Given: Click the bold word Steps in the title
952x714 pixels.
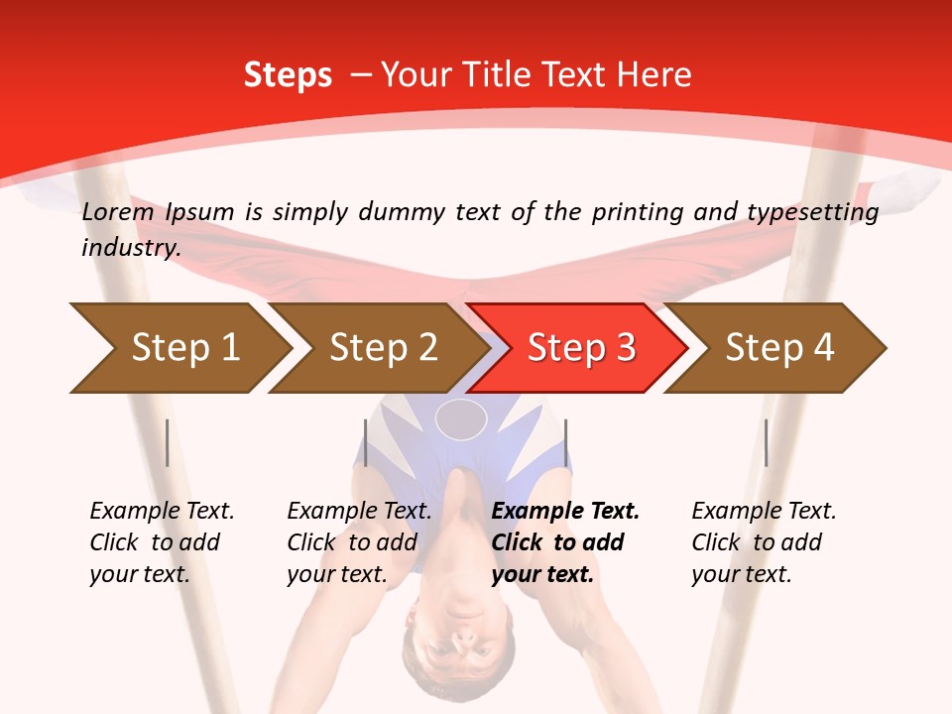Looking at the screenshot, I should [288, 75].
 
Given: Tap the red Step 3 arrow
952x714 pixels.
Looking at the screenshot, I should [581, 348].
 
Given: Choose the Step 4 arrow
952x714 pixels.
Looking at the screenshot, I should [779, 348].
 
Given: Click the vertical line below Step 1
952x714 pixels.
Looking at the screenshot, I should [168, 442].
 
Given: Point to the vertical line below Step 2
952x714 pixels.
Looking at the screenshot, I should [366, 442].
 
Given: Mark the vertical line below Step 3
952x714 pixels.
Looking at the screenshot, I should [566, 442].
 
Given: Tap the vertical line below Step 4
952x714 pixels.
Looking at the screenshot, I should [767, 442].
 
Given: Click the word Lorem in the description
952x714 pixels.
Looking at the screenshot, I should [118, 212].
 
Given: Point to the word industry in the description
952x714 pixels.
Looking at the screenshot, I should [131, 248].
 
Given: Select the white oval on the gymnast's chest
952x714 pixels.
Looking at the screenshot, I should [461, 418].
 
